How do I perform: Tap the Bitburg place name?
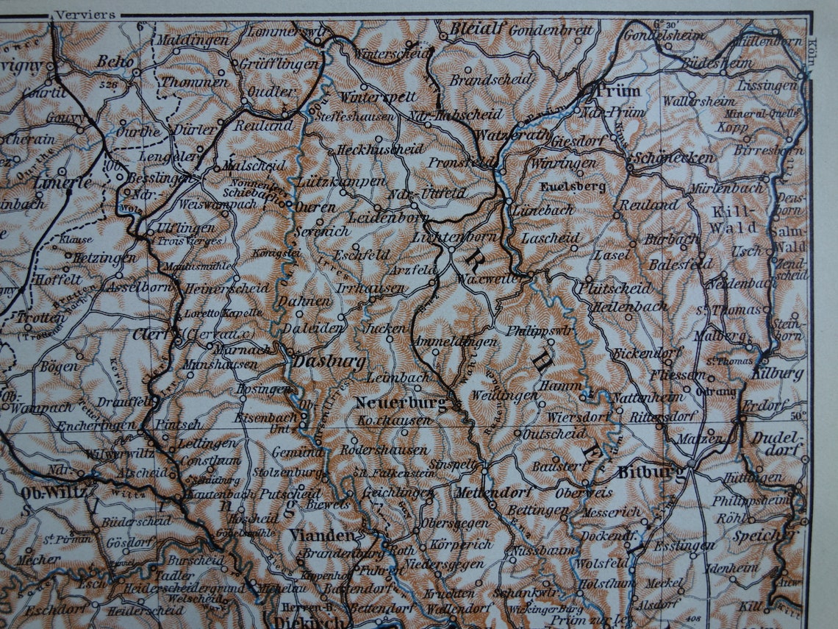pyautogui.click(x=644, y=472)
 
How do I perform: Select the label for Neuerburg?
pyautogui.click(x=400, y=403)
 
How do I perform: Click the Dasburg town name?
pyautogui.click(x=318, y=361)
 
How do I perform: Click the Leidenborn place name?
pyautogui.click(x=378, y=218)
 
